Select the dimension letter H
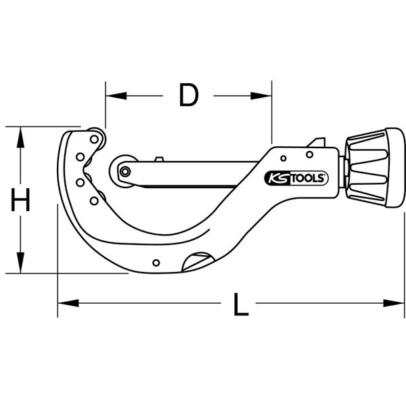[x=21, y=200]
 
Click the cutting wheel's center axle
[x=125, y=171]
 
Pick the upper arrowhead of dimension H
[x=21, y=134]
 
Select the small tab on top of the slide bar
[x=159, y=160]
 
